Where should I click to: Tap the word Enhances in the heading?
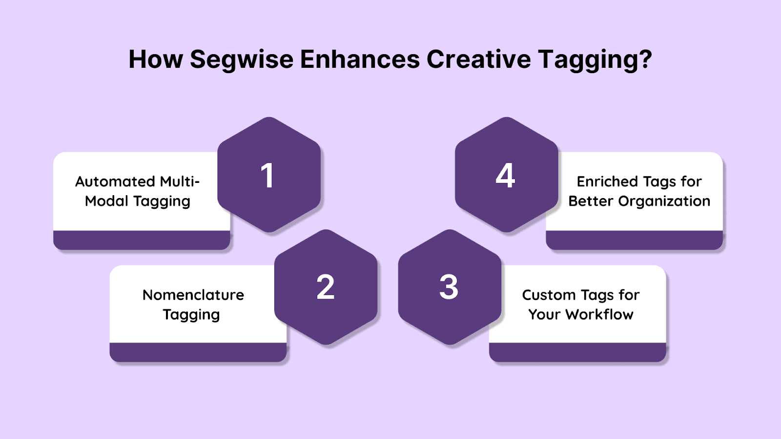click(360, 59)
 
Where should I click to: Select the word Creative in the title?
click(479, 59)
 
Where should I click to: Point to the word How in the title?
click(156, 59)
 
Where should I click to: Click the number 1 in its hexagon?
click(267, 176)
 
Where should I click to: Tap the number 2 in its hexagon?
click(325, 287)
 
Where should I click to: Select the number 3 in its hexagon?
click(449, 287)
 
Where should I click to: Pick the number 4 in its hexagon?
click(505, 176)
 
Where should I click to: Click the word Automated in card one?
click(115, 181)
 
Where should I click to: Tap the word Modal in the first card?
click(107, 201)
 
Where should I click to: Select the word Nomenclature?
click(193, 295)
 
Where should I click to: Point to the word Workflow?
click(599, 314)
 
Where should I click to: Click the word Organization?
click(664, 201)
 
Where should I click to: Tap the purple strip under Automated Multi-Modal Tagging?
click(142, 240)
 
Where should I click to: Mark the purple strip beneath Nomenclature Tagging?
click(198, 352)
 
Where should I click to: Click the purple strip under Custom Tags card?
click(577, 352)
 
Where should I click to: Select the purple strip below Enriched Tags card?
click(634, 240)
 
